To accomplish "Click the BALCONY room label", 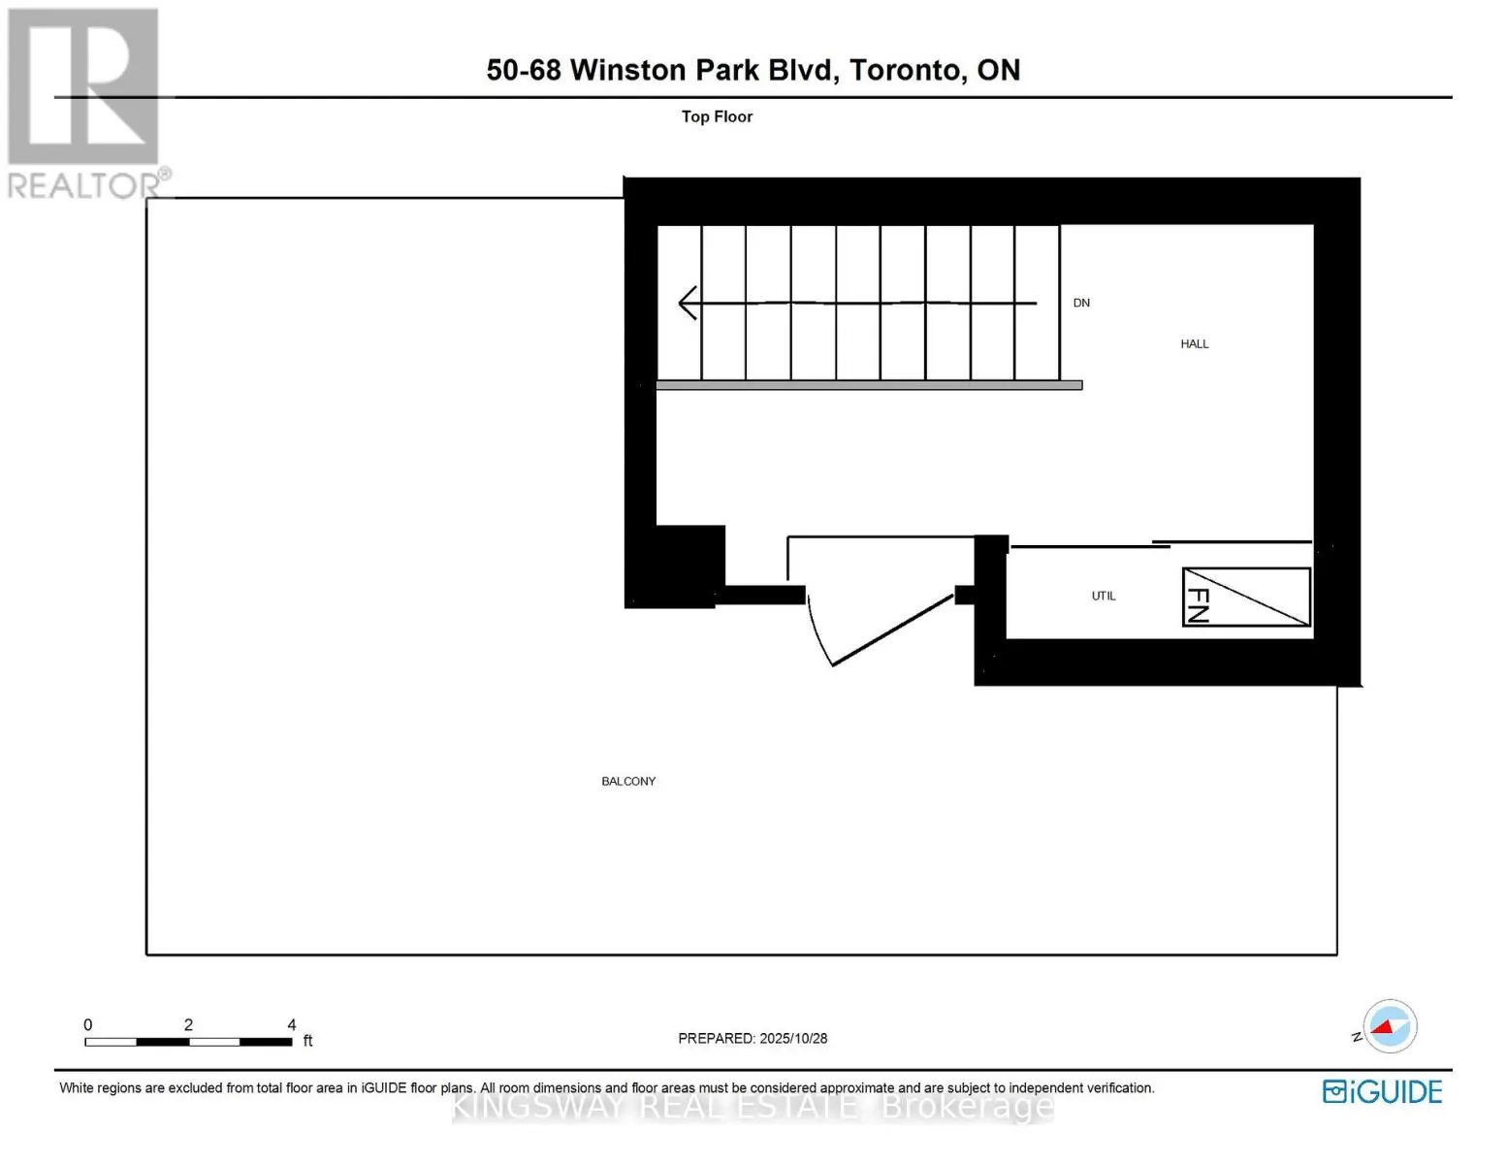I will click(x=628, y=781).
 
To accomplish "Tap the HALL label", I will click(x=1194, y=343).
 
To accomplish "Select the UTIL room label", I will click(x=1104, y=596).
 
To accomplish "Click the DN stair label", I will click(x=1081, y=303).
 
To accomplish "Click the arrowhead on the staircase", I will click(x=688, y=303).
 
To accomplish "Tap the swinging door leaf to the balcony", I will click(x=892, y=630).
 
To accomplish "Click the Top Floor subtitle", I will click(x=717, y=116).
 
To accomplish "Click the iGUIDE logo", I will click(x=1382, y=1091).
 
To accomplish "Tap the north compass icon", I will click(x=1390, y=1026).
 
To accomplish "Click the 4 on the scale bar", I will click(x=292, y=1024).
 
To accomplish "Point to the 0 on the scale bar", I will click(x=88, y=1024).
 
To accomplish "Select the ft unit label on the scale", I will click(x=308, y=1041).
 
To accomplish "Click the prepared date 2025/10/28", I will click(x=793, y=1038).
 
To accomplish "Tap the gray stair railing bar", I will click(x=869, y=385).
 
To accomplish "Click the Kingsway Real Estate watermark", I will click(x=753, y=1106).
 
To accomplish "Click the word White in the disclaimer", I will click(x=77, y=1088).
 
